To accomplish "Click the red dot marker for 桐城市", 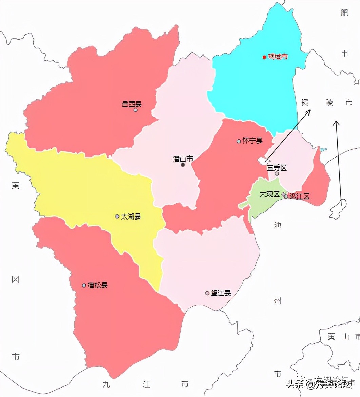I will (264, 57).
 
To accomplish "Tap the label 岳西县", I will (132, 104).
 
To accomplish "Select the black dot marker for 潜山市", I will (183, 165).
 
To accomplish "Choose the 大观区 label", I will (269, 194).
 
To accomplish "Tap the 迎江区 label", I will (300, 196).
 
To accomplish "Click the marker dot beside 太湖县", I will (117, 216).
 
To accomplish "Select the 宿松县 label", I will (98, 285).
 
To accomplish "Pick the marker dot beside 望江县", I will (207, 293).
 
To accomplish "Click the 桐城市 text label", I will (278, 57).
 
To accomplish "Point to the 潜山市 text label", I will (183, 159).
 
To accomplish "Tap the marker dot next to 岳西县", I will (136, 110).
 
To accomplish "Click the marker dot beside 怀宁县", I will (239, 141).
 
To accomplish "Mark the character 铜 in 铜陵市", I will (305, 102).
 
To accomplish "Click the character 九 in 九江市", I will (107, 384).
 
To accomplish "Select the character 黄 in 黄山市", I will (331, 337).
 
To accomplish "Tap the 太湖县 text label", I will (131, 216).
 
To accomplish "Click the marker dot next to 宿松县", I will (84, 285).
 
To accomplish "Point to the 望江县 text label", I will (221, 293).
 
